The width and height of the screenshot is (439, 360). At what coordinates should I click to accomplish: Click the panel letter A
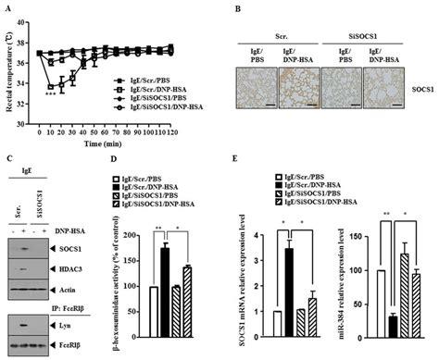tap(8, 7)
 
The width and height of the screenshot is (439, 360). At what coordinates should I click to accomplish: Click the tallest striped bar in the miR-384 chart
tap(402, 288)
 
